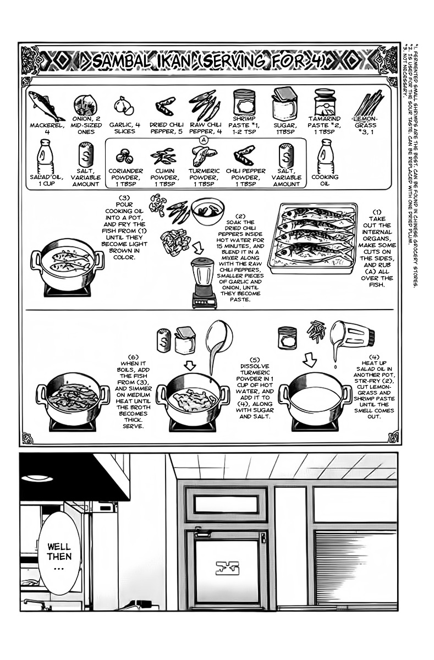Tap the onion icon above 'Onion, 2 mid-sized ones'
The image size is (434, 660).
point(85,105)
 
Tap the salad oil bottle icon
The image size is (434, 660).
point(45,156)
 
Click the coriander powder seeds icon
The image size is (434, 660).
point(124,157)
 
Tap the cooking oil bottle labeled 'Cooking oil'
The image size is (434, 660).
point(325,156)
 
